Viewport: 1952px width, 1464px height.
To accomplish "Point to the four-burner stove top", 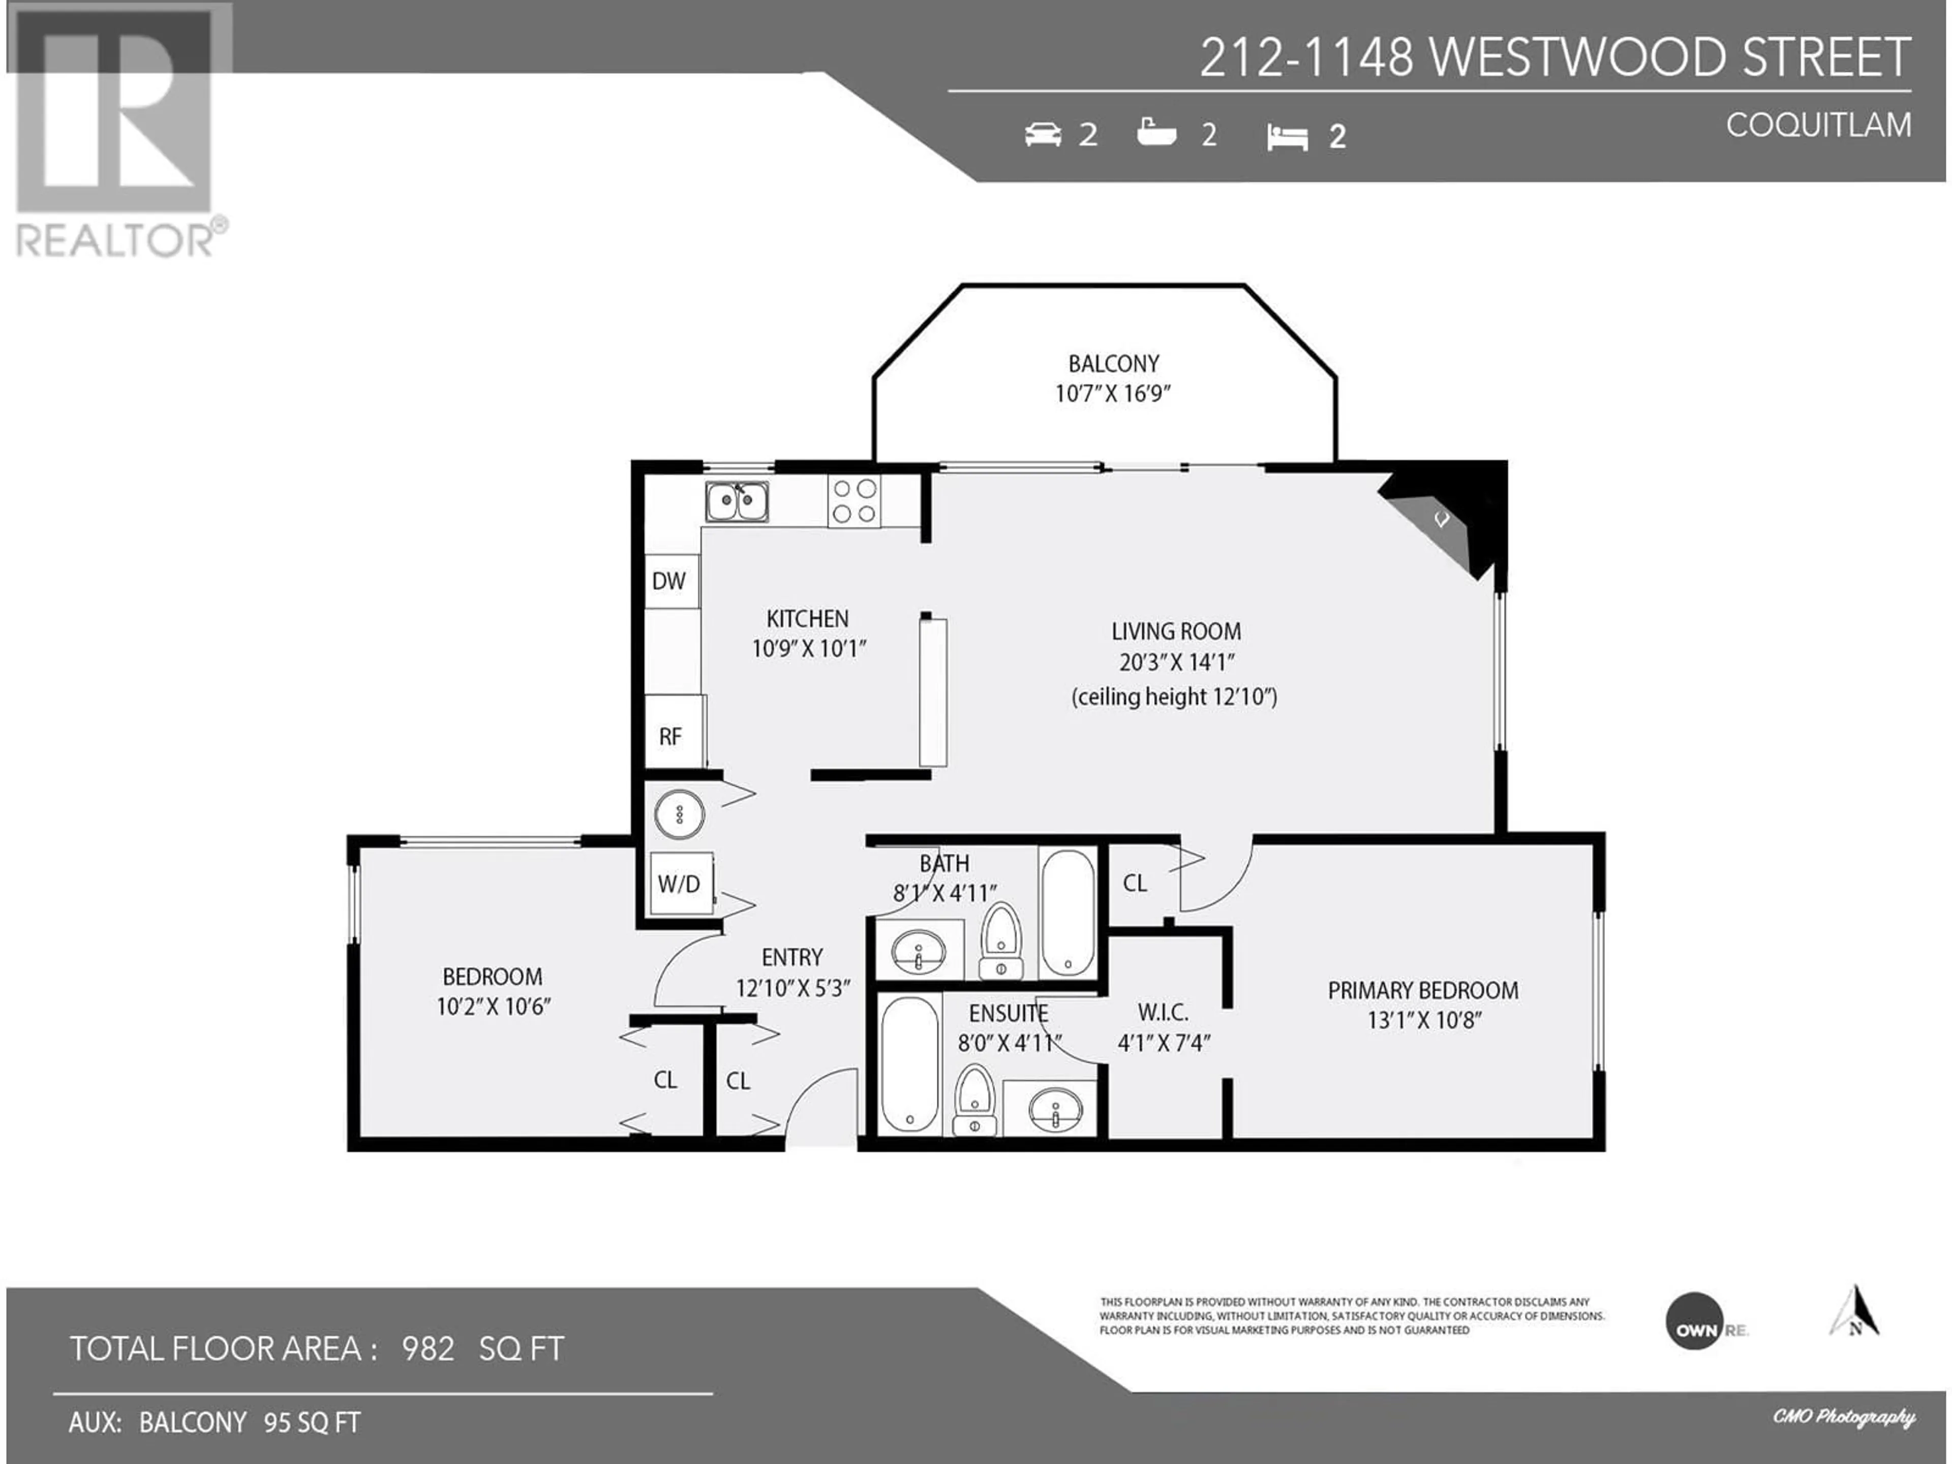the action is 853,501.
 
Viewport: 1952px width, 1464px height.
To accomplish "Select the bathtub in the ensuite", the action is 909,1063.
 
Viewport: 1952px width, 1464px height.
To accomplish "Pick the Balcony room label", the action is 1114,363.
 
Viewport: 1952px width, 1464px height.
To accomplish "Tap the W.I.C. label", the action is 1163,1012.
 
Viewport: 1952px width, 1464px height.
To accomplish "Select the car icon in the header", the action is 1043,134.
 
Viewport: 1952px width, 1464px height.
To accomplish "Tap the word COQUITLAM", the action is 1819,126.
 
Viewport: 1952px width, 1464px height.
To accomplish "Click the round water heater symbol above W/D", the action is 680,814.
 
